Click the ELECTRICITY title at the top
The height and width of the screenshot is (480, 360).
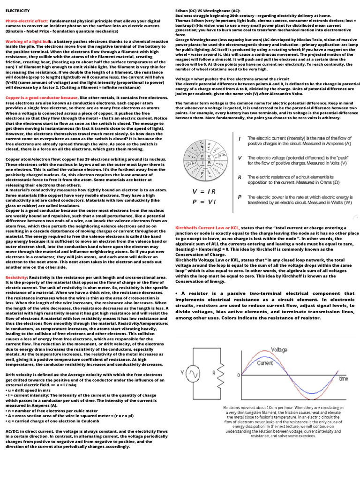pos(17,10)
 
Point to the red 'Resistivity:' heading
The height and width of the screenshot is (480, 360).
pos(17,277)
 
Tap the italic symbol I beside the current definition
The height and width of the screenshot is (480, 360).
pos(240,139)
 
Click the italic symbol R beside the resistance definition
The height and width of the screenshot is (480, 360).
pos(240,178)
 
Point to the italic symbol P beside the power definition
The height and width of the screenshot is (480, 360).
pos(240,197)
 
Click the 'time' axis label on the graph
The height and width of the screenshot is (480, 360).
pos(343,378)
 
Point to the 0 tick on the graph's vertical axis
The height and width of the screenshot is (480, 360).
pos(239,375)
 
